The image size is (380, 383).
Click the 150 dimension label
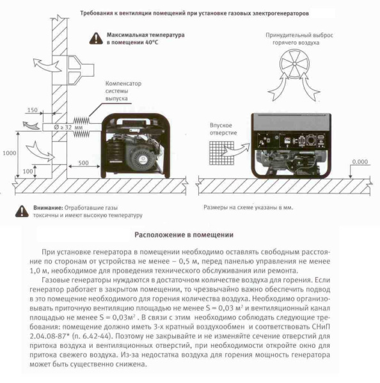coord(33,110)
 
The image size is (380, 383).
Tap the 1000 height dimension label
coord(10,153)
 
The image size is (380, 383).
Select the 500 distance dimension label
coord(84,163)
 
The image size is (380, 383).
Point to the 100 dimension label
coord(28,171)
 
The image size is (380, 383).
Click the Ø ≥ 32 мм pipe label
coord(68,127)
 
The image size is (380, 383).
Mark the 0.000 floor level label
coord(360,161)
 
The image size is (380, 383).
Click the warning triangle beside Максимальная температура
coord(96,38)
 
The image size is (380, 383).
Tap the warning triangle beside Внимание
coord(22,211)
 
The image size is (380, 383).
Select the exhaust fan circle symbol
coord(294,64)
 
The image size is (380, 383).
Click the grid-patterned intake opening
coord(221,153)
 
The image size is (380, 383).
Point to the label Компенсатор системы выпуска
coord(123,91)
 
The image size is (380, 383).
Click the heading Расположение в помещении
coord(184,235)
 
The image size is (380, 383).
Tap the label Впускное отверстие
coord(223,129)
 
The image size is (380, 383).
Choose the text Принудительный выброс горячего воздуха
coord(299,39)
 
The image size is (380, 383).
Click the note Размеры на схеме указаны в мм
coord(248,207)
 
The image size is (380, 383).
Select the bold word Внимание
coord(48,208)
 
